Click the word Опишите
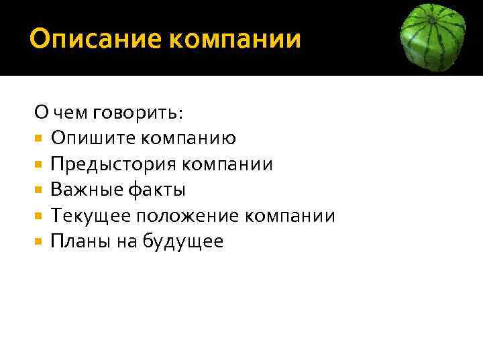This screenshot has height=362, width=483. pos(93,139)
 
